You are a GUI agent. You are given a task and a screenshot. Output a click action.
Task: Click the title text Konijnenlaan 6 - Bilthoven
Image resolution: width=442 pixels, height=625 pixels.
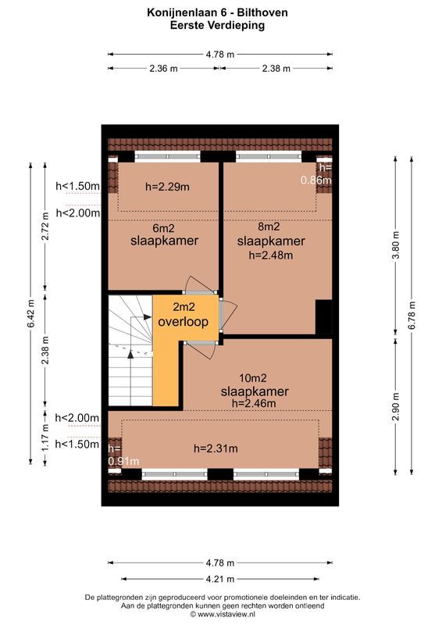point(219,12)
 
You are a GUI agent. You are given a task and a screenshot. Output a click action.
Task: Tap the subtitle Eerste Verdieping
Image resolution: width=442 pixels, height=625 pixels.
point(219,24)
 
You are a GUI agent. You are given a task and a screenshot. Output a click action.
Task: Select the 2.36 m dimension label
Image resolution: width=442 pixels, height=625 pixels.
point(163,69)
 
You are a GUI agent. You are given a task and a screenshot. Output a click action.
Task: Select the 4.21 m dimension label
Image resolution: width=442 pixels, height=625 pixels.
point(220,579)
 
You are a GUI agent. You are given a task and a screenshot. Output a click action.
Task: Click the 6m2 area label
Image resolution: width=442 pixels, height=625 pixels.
point(163,229)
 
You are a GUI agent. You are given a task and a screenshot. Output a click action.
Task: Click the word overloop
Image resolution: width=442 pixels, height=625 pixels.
point(184,322)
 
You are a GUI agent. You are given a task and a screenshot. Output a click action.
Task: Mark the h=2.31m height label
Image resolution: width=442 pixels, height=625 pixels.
point(216,448)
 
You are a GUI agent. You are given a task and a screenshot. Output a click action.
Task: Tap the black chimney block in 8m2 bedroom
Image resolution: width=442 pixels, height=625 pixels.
point(324,316)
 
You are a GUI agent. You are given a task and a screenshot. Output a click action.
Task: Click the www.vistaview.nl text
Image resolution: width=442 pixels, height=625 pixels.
point(225,615)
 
